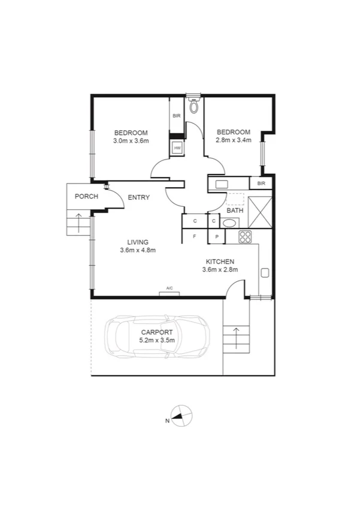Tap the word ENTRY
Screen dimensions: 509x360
[x=138, y=197]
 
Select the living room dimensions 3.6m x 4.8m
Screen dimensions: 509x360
[x=138, y=250]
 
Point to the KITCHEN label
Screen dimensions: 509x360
[x=220, y=261]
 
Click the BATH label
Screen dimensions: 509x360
[x=235, y=210]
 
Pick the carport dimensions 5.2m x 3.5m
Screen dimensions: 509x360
[x=157, y=340]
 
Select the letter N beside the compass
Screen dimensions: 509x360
[x=167, y=420]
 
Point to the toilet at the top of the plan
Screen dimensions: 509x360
[x=193, y=106]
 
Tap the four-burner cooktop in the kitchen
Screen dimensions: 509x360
[x=245, y=237]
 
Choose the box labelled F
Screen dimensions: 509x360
[x=195, y=237]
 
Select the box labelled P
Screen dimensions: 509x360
[x=216, y=237]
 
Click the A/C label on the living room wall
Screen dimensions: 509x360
[x=170, y=289]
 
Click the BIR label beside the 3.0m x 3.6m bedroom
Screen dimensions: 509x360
[x=177, y=116]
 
